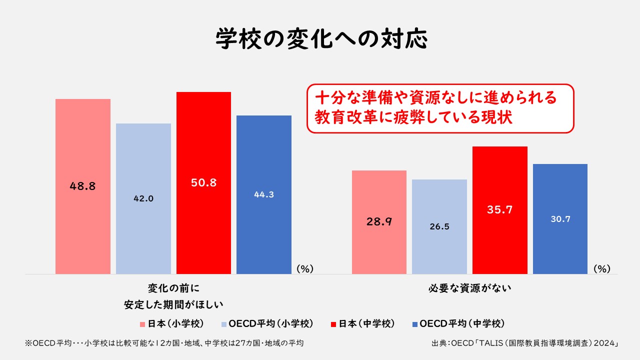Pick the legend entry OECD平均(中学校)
click(457, 323)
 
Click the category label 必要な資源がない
click(469, 288)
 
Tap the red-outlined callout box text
click(440, 108)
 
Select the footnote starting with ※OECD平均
click(164, 343)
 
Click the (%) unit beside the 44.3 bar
click(304, 268)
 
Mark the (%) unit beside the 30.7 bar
click(602, 268)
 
